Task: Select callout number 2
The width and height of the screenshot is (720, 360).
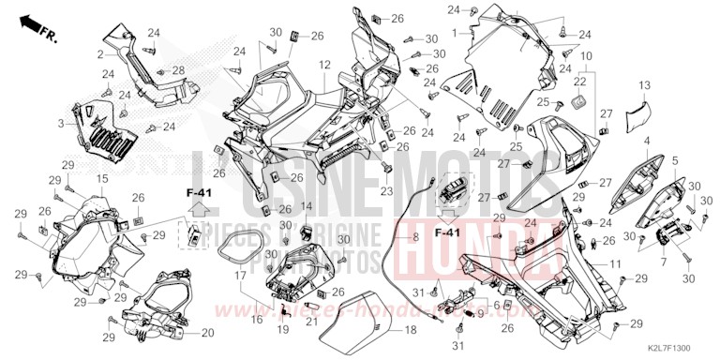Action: [x=100, y=55]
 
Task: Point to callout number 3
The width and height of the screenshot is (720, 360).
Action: [x=62, y=123]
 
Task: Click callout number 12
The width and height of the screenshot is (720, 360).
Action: [x=322, y=65]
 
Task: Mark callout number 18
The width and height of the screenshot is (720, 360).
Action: [x=410, y=331]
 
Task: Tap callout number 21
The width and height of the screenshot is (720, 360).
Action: [x=310, y=323]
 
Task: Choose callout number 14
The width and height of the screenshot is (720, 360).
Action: [x=307, y=205]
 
